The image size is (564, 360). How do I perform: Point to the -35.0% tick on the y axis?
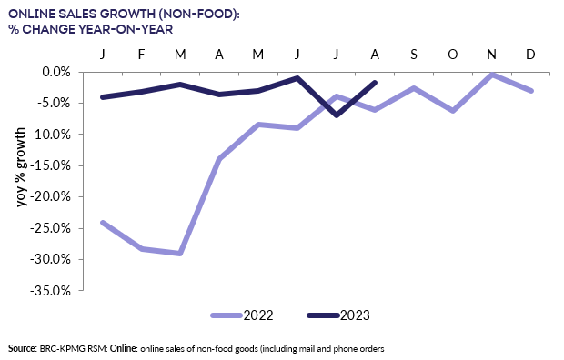point(54,291)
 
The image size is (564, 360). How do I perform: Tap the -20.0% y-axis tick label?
point(54,196)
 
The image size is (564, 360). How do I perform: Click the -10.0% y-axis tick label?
point(54,135)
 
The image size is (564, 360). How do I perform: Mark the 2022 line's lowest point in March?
point(180,254)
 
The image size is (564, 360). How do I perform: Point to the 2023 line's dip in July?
point(337,115)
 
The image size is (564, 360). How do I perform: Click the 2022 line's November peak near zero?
point(491,75)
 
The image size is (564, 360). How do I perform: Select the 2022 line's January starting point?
point(102,222)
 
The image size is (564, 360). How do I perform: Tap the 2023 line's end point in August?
point(376,83)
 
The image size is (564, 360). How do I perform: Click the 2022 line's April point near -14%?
point(219,159)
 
